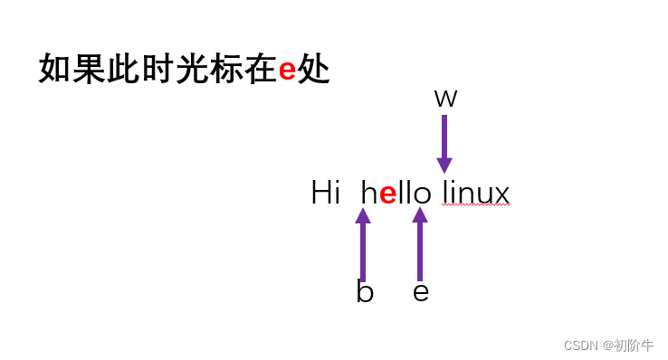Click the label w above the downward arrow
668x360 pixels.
tap(445, 99)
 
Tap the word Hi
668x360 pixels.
tap(325, 193)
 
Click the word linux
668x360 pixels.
tap(476, 193)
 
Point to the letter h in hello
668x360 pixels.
tap(369, 193)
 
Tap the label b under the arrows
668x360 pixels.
tap(365, 292)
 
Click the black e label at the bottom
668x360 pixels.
tap(421, 292)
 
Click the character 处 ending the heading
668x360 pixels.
tap(314, 70)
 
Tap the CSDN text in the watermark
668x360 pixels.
tap(580, 346)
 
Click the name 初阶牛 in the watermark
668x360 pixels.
tap(634, 346)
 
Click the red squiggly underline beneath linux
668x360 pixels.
tap(476, 206)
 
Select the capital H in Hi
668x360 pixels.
tap(320, 193)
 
